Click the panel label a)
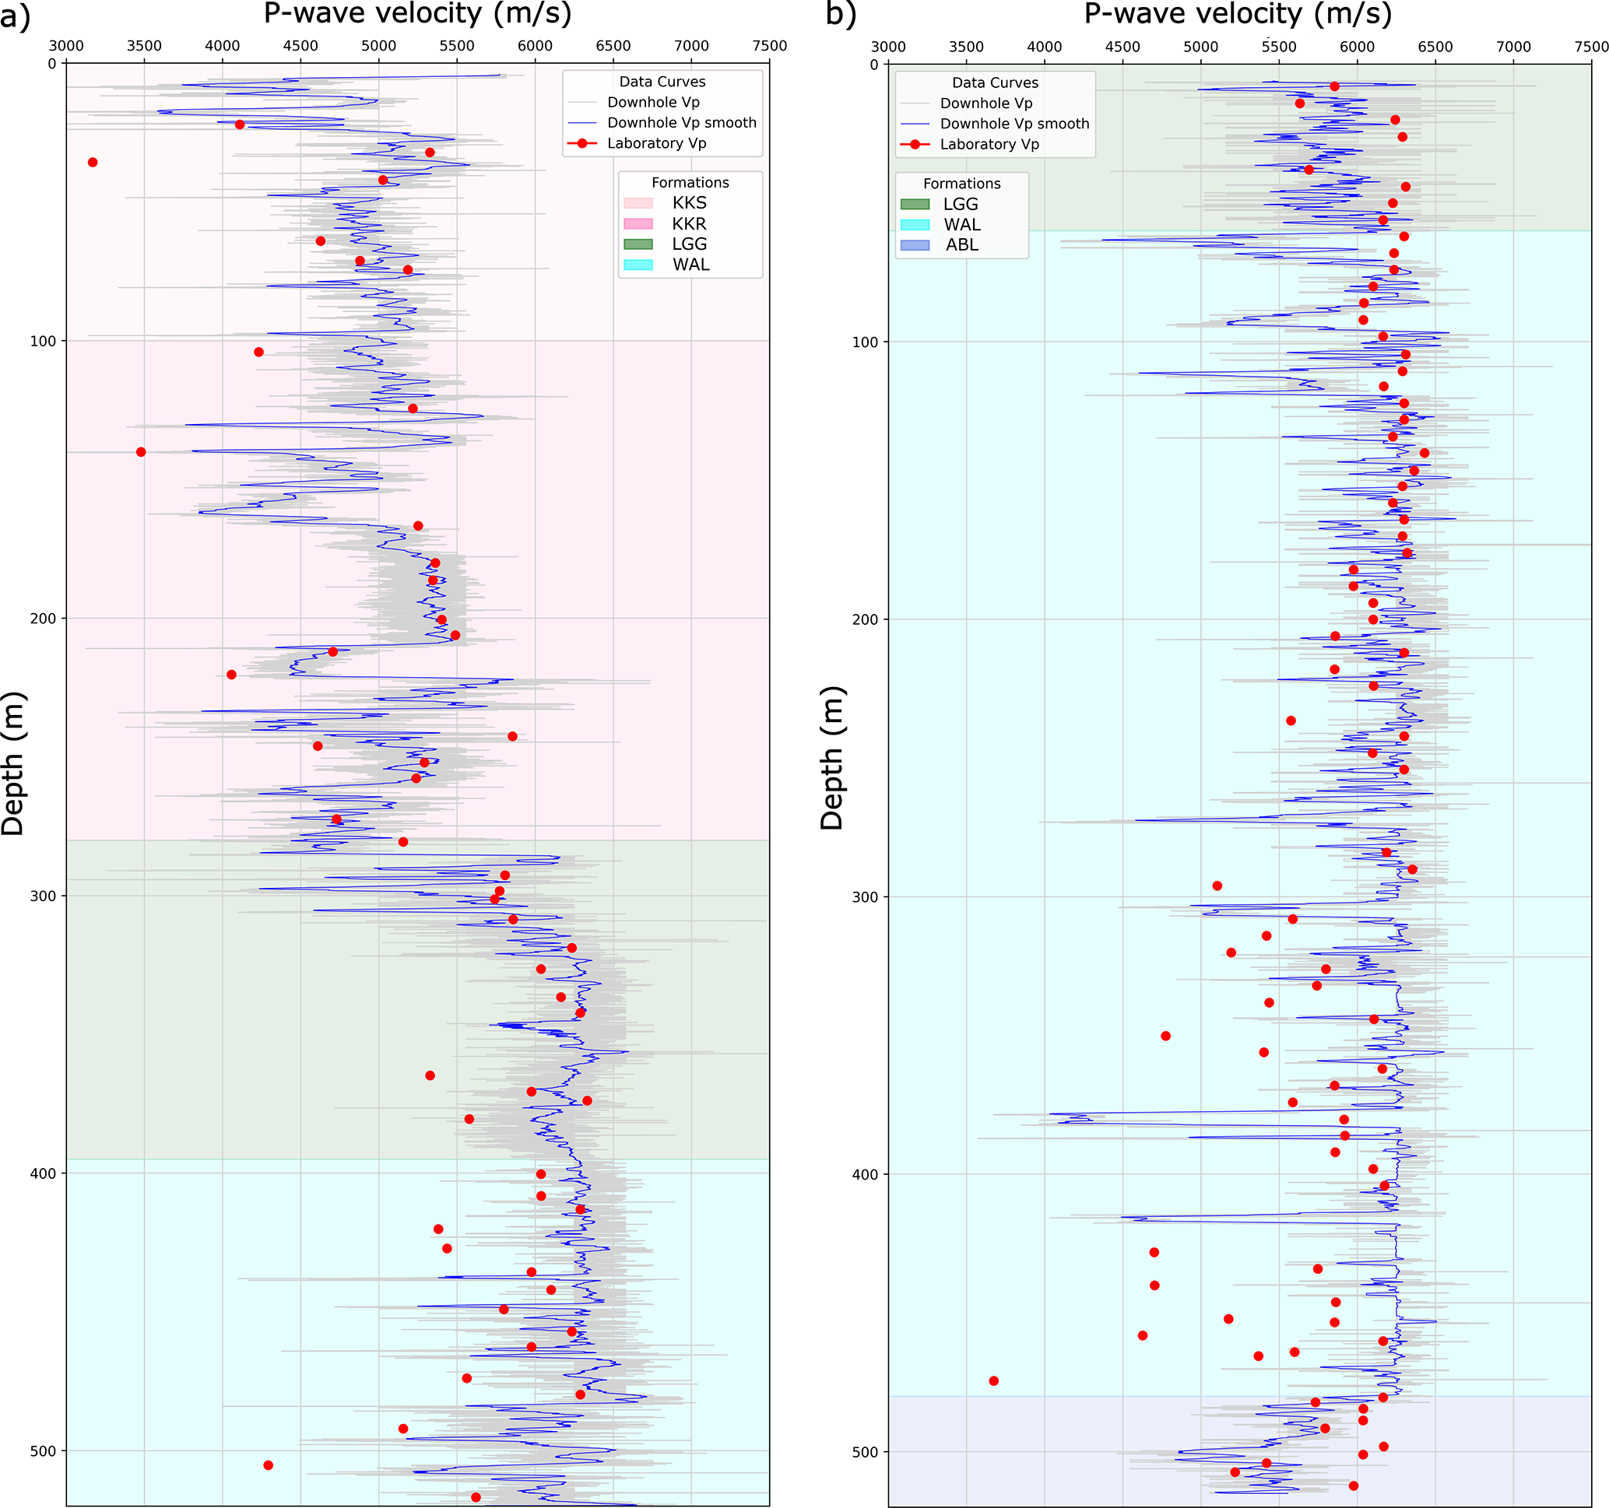[x=15, y=16]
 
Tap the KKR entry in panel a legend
[x=689, y=224]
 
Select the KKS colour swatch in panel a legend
[x=638, y=203]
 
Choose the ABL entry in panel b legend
[x=961, y=245]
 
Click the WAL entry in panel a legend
[x=690, y=265]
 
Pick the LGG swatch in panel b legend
[x=915, y=205]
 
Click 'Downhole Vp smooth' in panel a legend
[x=681, y=123]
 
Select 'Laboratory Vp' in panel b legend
[x=989, y=145]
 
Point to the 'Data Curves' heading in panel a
[x=662, y=82]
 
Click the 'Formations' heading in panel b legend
[x=961, y=184]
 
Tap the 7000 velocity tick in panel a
[x=691, y=46]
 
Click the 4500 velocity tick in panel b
[x=1122, y=47]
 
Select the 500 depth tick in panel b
[x=865, y=1452]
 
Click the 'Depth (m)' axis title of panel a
[x=14, y=763]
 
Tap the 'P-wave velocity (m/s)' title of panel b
[x=1238, y=14]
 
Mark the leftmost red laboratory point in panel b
[x=994, y=1381]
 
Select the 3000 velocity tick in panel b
[x=888, y=47]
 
